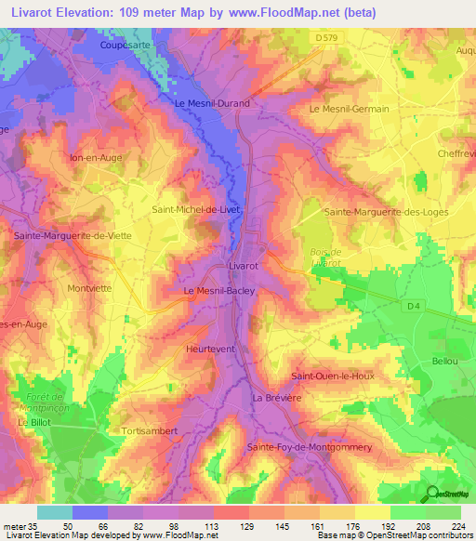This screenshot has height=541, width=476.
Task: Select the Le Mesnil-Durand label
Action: pyautogui.click(x=213, y=103)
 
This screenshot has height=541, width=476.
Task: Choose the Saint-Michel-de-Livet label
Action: pyautogui.click(x=196, y=210)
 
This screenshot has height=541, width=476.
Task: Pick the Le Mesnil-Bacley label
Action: pyautogui.click(x=218, y=291)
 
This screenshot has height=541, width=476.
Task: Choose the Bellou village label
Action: pyautogui.click(x=446, y=361)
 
